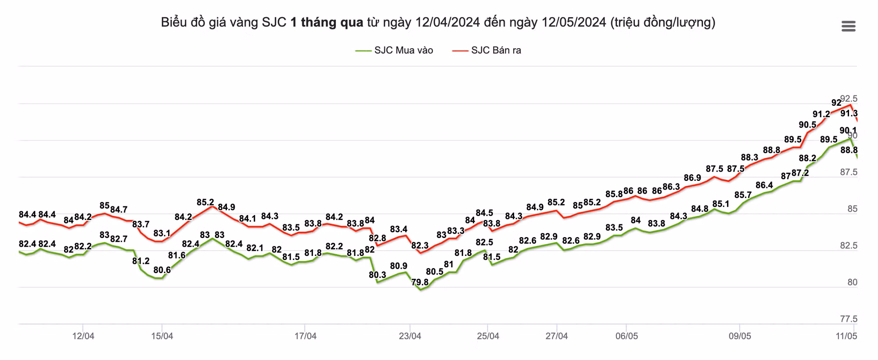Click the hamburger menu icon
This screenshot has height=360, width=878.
pyautogui.click(x=848, y=26)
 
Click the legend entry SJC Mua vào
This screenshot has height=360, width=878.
pyautogui.click(x=394, y=50)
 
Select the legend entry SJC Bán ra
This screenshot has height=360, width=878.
pyautogui.click(x=487, y=50)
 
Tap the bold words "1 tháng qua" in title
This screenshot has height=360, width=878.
pyautogui.click(x=327, y=22)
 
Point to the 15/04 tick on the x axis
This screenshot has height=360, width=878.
pyautogui.click(x=162, y=336)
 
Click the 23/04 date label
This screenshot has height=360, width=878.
pyautogui.click(x=410, y=336)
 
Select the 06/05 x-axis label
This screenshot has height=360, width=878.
pyautogui.click(x=626, y=336)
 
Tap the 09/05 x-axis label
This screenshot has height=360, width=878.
pyautogui.click(x=740, y=336)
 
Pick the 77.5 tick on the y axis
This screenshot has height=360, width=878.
pyautogui.click(x=849, y=319)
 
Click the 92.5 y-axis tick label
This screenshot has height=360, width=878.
pyautogui.click(x=849, y=99)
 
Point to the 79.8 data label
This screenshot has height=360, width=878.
pyautogui.click(x=420, y=282)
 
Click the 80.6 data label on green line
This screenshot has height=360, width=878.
pyautogui.click(x=162, y=270)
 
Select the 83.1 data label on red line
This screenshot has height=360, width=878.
pyautogui.click(x=162, y=234)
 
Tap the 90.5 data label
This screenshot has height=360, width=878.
pyautogui.click(x=807, y=125)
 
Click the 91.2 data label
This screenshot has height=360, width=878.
pyautogui.click(x=821, y=115)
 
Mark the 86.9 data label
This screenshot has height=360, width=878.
pyautogui.click(x=692, y=178)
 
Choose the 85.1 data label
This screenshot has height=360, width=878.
pyautogui.click(x=720, y=204)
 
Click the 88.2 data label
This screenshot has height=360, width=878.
pyautogui.click(x=807, y=158)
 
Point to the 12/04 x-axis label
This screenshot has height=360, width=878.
pyautogui.click(x=83, y=336)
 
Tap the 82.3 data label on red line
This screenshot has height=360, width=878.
pyautogui.click(x=420, y=246)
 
